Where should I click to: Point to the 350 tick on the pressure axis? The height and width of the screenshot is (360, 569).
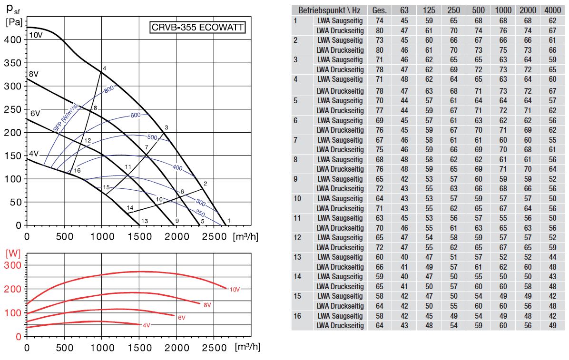14,63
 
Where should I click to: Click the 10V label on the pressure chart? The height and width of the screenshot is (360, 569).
35,36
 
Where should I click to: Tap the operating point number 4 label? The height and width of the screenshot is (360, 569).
104,68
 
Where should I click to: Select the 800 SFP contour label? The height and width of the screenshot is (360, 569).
109,89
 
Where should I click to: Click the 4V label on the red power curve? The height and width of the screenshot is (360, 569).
146,325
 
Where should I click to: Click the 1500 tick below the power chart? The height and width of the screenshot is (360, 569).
138,347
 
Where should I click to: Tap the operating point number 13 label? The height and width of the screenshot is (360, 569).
145,221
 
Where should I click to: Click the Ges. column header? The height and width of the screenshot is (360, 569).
380,10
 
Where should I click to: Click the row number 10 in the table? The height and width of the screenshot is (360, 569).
297,198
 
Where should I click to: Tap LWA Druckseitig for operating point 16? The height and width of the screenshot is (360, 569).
340,326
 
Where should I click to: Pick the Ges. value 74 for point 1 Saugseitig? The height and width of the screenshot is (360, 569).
380,20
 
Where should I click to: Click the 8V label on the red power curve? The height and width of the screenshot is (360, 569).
207,305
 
